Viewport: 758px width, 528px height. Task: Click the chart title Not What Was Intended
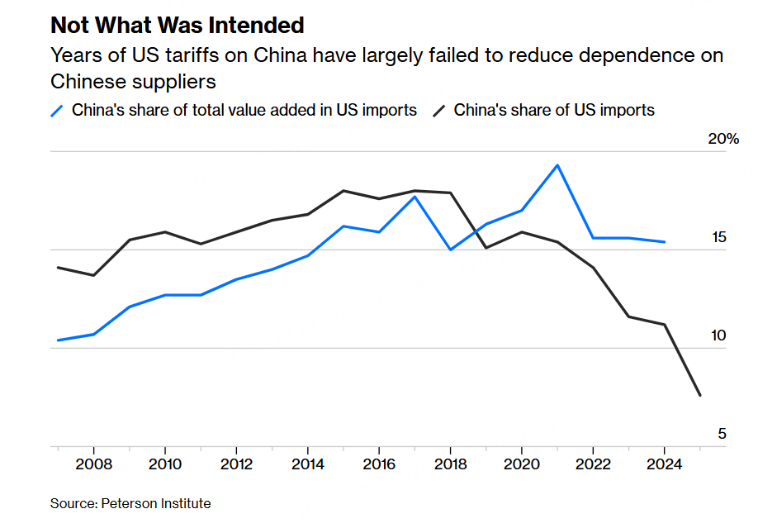pyautogui.click(x=178, y=25)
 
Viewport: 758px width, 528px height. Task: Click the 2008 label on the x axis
pyautogui.click(x=94, y=464)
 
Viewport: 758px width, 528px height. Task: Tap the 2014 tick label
pyautogui.click(x=308, y=464)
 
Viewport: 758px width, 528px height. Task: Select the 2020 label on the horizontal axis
pyautogui.click(x=522, y=464)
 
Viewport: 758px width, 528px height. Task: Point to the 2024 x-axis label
pyautogui.click(x=664, y=464)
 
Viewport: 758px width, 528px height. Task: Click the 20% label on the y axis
pyautogui.click(x=723, y=139)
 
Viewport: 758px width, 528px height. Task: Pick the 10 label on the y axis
pyautogui.click(x=718, y=335)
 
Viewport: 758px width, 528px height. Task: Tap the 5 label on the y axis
pyautogui.click(x=722, y=434)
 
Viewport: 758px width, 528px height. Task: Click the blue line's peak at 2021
pyautogui.click(x=557, y=165)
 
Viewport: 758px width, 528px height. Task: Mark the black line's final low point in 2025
pyautogui.click(x=700, y=396)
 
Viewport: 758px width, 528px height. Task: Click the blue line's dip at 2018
pyautogui.click(x=451, y=250)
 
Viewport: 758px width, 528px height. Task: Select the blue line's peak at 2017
pyautogui.click(x=415, y=197)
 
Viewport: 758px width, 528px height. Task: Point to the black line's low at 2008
pyautogui.click(x=94, y=275)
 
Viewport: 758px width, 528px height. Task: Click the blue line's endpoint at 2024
pyautogui.click(x=664, y=242)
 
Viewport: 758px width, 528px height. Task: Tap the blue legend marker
pyautogui.click(x=57, y=111)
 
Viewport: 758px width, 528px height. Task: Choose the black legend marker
pyautogui.click(x=439, y=111)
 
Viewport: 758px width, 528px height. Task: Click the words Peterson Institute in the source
pyautogui.click(x=156, y=504)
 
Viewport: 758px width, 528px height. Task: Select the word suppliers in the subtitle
pyautogui.click(x=176, y=82)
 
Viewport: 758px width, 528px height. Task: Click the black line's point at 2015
pyautogui.click(x=343, y=191)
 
